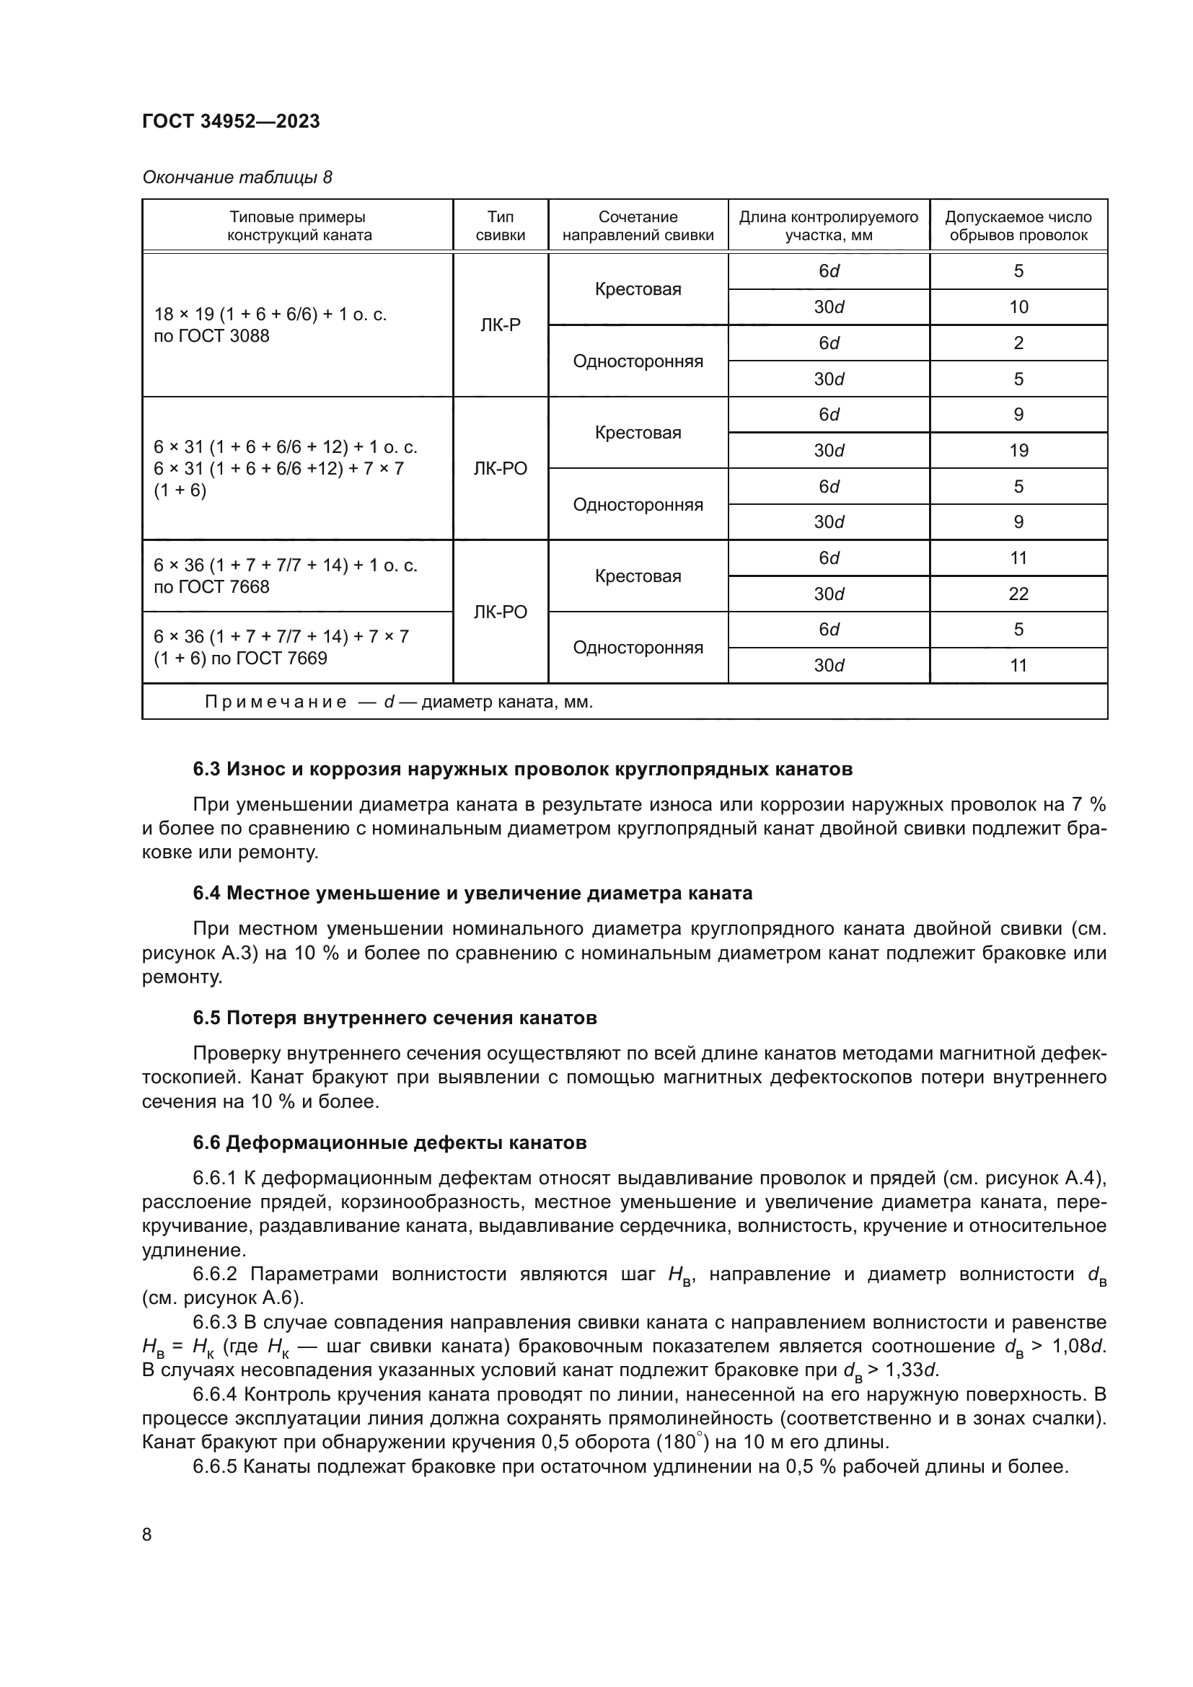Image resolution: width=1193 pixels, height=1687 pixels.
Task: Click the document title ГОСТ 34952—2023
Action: pos(231,121)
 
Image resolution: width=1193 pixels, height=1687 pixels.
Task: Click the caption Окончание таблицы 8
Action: pos(237,178)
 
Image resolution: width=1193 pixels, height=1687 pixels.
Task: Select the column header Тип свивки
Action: pos(501,226)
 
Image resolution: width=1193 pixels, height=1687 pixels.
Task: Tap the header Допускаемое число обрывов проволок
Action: pos(1018,226)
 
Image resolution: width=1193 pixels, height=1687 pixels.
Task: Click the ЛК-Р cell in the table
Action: pos(501,325)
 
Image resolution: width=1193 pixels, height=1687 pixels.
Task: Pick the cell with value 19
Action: pos(1018,450)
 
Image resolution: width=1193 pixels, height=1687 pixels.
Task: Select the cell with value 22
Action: pos(1018,594)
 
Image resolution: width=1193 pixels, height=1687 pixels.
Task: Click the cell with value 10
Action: pos(1018,307)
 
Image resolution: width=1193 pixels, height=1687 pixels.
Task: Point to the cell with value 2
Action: pos(1018,343)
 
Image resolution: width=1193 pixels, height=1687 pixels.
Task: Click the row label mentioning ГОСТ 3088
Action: pos(270,325)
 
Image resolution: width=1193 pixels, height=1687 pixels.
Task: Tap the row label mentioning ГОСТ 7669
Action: pos(281,647)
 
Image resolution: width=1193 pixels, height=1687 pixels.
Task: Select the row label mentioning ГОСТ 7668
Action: pos(285,576)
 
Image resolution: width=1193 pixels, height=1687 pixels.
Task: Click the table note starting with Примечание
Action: pos(398,702)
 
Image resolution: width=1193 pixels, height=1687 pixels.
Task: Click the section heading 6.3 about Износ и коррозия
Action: pos(522,770)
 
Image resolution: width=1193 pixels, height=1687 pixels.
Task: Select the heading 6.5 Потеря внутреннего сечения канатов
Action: pos(395,1018)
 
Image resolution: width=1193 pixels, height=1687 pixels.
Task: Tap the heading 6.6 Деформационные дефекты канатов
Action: pos(389,1142)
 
